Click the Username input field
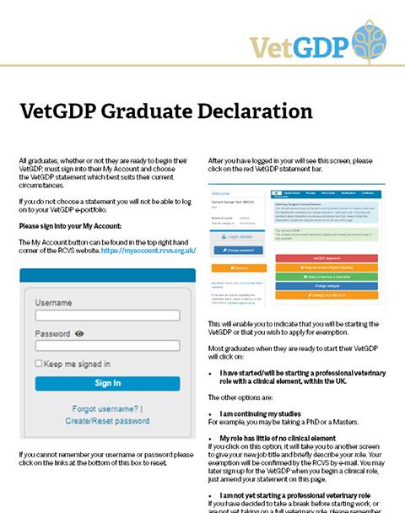[107, 316]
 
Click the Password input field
[107, 346]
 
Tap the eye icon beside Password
[80, 334]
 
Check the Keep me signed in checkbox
[39, 364]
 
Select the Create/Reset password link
[107, 420]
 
